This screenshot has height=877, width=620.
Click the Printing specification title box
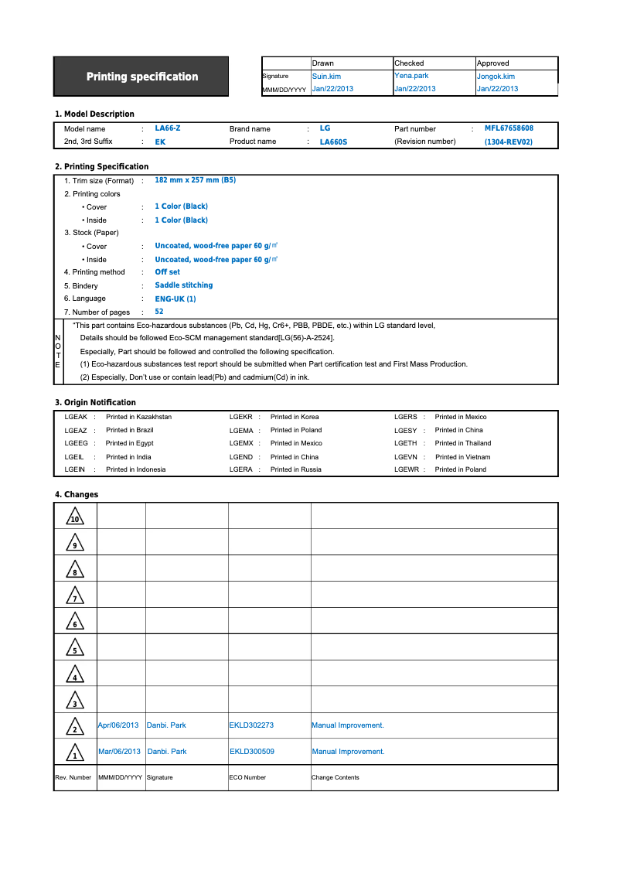click(141, 77)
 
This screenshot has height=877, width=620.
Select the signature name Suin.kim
click(326, 77)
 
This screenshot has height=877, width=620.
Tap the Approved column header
click(493, 63)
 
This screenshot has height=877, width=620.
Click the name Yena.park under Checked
click(411, 76)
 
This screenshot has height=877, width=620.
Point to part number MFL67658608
click(509, 128)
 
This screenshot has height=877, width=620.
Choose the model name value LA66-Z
click(168, 128)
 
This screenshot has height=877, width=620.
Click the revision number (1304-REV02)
click(509, 142)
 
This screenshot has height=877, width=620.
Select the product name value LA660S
click(334, 142)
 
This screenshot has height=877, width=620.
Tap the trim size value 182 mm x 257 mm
click(195, 180)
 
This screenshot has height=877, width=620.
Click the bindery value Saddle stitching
click(183, 285)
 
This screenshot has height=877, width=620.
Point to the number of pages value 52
click(159, 312)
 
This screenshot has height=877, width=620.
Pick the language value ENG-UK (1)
click(175, 299)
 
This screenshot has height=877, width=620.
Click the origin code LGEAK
click(76, 417)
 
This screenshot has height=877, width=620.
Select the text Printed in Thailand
click(463, 443)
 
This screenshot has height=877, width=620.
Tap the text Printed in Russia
click(296, 469)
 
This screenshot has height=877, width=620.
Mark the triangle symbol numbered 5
click(74, 648)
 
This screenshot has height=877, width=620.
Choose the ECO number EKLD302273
click(251, 725)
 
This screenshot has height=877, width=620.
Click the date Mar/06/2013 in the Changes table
click(119, 752)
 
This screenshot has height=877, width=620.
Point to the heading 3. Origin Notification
click(95, 402)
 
